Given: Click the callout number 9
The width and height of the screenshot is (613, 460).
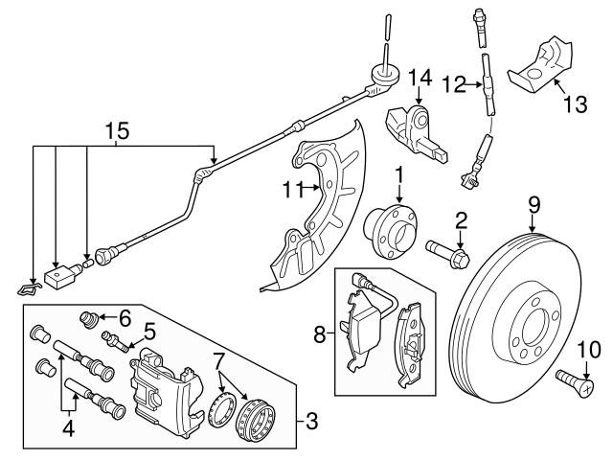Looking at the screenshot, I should coord(534,203).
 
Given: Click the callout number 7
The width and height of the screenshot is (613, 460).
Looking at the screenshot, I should coord(220,360).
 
